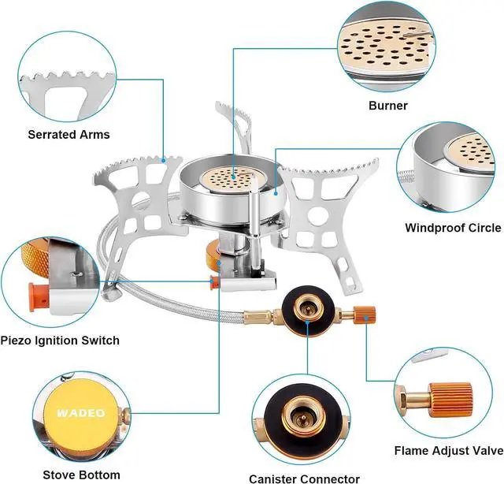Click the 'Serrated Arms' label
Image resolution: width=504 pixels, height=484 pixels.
(x=69, y=135)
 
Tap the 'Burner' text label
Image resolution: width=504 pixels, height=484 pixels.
(x=389, y=105)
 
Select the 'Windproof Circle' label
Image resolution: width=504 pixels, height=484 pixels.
(x=452, y=228)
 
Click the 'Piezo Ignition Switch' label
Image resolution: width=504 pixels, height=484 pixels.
(x=61, y=341)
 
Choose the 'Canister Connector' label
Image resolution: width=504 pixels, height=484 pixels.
(x=304, y=478)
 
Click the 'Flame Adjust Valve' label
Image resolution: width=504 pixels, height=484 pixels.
(x=447, y=452)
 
